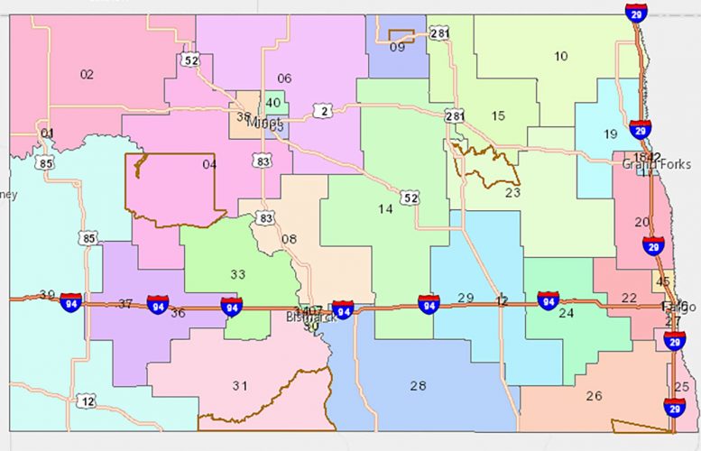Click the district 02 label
pyautogui.click(x=87, y=75)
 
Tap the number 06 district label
pyautogui.click(x=284, y=78)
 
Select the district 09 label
pyautogui.click(x=398, y=47)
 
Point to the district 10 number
pyautogui.click(x=561, y=56)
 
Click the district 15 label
pyautogui.click(x=498, y=115)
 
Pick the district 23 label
pyautogui.click(x=512, y=192)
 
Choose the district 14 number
pyautogui.click(x=385, y=209)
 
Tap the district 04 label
pyautogui.click(x=209, y=164)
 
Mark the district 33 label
pyautogui.click(x=237, y=274)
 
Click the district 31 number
pyautogui.click(x=239, y=386)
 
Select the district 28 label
pyautogui.click(x=418, y=386)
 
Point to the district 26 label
pyautogui.click(x=594, y=396)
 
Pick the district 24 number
pyautogui.click(x=566, y=314)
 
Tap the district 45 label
pyautogui.click(x=663, y=281)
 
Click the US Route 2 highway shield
pyautogui.click(x=323, y=111)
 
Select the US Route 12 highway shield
pyautogui.click(x=86, y=400)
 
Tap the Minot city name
pyautogui.click(x=264, y=123)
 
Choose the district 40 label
pyautogui.click(x=272, y=103)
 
